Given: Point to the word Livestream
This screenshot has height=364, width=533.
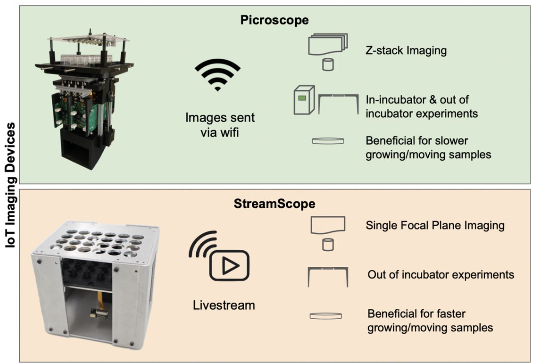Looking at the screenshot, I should pyautogui.click(x=224, y=306).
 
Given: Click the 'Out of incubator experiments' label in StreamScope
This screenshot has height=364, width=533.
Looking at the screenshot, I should pyautogui.click(x=441, y=274).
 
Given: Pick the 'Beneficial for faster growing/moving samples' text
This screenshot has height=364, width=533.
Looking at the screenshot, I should pyautogui.click(x=430, y=321).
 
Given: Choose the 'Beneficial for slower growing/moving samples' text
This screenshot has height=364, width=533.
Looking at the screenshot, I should pyautogui.click(x=428, y=148).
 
